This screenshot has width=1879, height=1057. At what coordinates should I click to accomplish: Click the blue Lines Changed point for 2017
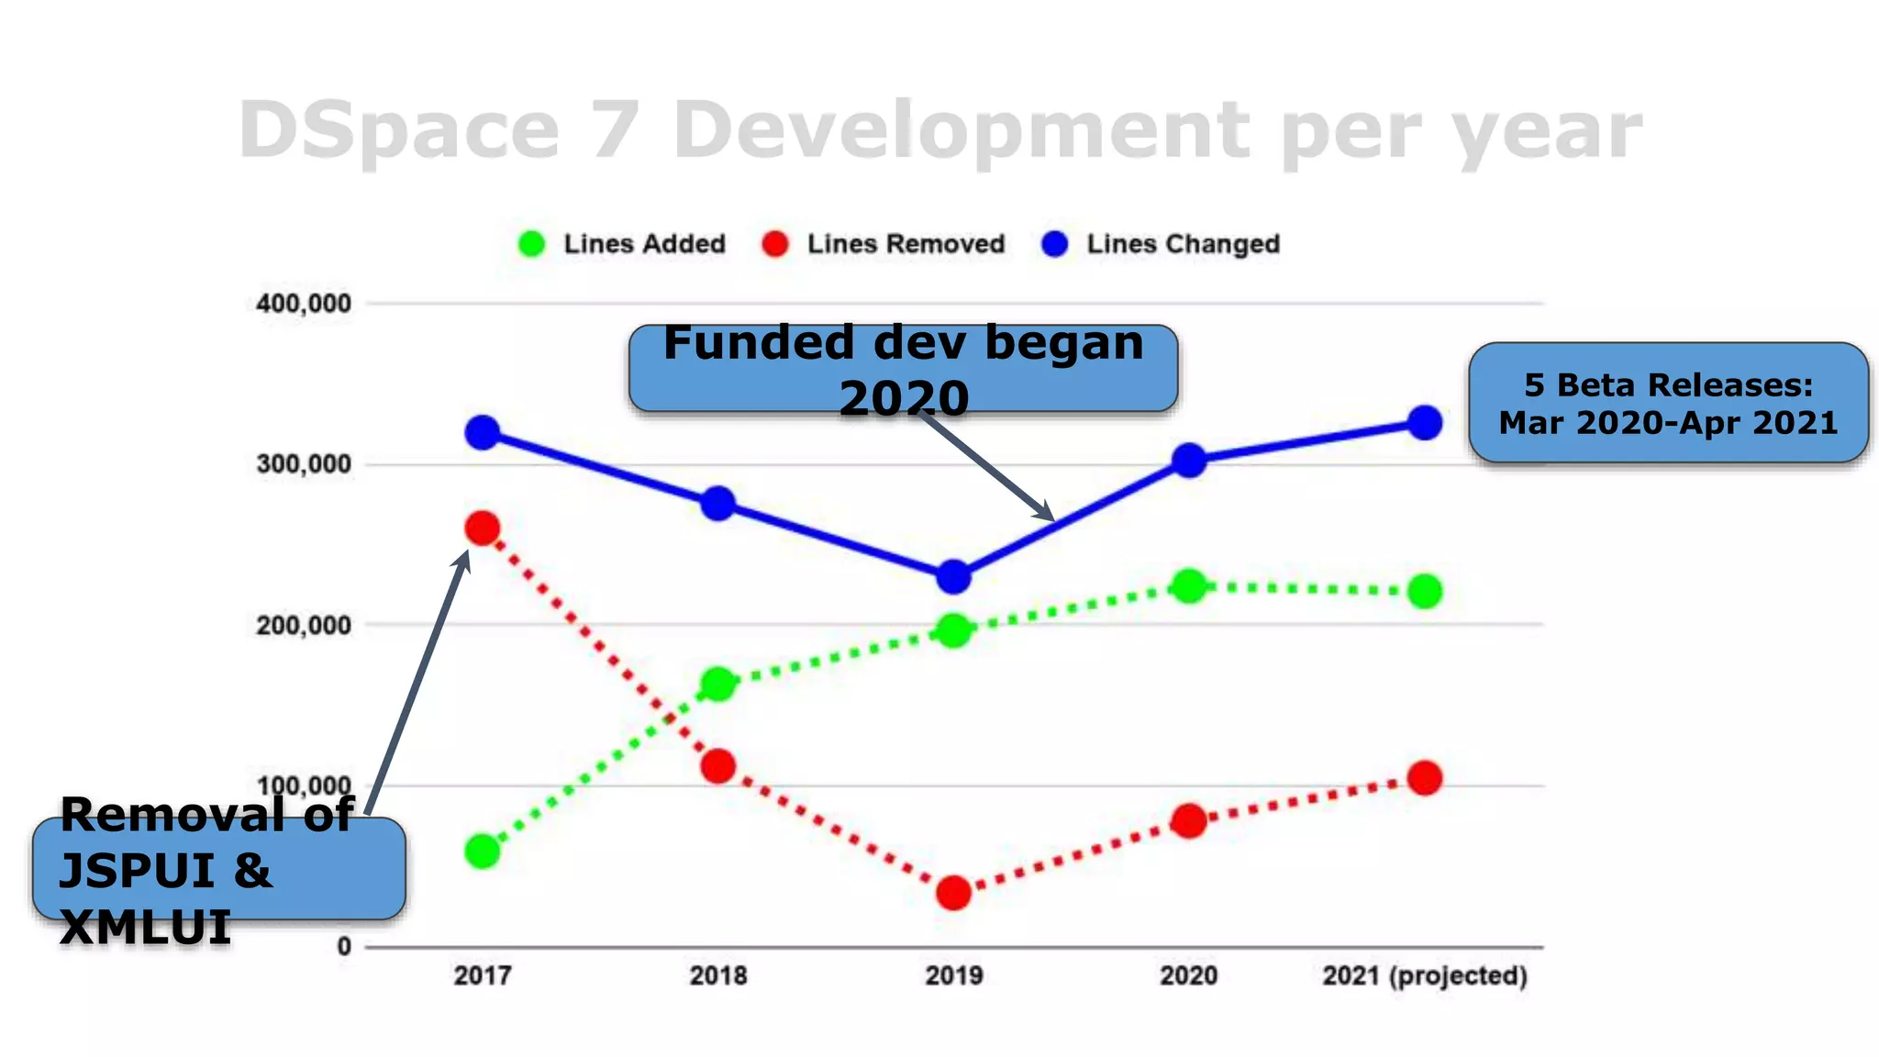pos(483,432)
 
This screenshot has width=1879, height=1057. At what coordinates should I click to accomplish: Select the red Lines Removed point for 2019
pos(953,892)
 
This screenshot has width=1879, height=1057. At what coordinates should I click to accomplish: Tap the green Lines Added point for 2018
pos(717,684)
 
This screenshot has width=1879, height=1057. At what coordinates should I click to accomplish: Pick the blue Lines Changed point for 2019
pos(953,577)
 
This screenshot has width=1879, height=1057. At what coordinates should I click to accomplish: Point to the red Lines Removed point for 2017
pos(483,528)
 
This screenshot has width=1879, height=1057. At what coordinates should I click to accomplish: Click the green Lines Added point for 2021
pos(1424,591)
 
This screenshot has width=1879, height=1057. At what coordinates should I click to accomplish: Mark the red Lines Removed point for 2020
pos(1189,820)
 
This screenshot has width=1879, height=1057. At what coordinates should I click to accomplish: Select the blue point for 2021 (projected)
pos(1424,422)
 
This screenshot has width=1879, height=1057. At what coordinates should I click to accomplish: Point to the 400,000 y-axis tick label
pos(304,304)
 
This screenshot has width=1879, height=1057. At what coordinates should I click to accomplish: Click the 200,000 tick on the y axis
pos(304,626)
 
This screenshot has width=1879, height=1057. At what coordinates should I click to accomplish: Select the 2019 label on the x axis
pos(953,975)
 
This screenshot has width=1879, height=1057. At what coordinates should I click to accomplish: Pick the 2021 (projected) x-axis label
pos(1424,975)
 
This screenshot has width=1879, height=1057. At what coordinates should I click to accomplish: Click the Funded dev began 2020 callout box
pos(903,369)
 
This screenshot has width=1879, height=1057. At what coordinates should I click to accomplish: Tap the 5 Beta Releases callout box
pos(1668,403)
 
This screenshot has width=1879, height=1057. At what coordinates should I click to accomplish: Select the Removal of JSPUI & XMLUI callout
pos(218,869)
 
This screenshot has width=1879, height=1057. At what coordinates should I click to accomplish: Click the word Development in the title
pos(961,130)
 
